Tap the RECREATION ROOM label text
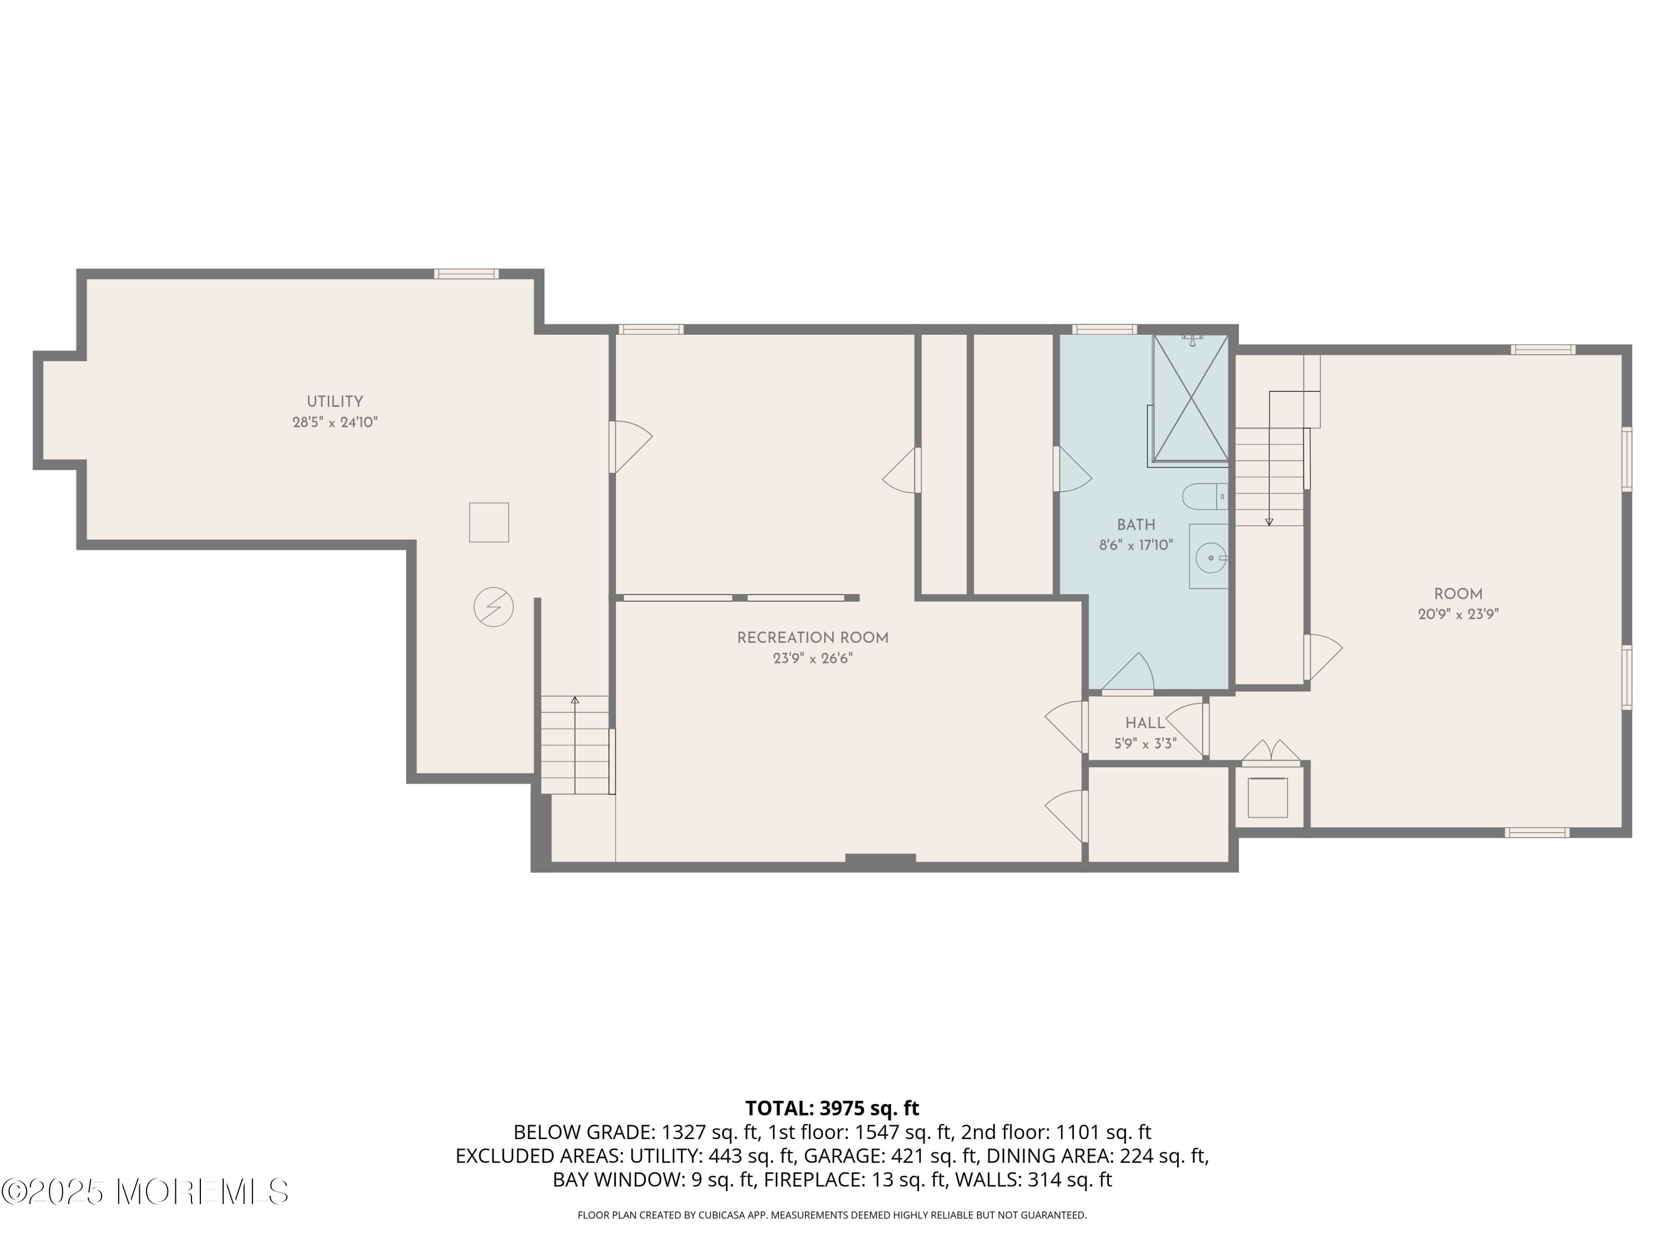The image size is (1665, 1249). pyautogui.click(x=812, y=638)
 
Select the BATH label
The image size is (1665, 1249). pyautogui.click(x=1136, y=525)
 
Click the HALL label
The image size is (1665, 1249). pyautogui.click(x=1145, y=723)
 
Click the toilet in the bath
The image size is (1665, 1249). pyautogui.click(x=1204, y=497)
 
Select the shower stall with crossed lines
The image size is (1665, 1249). pyautogui.click(x=1190, y=397)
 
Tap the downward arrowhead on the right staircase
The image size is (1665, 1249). pyautogui.click(x=1269, y=522)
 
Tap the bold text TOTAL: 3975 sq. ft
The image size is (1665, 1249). pyautogui.click(x=832, y=1108)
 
